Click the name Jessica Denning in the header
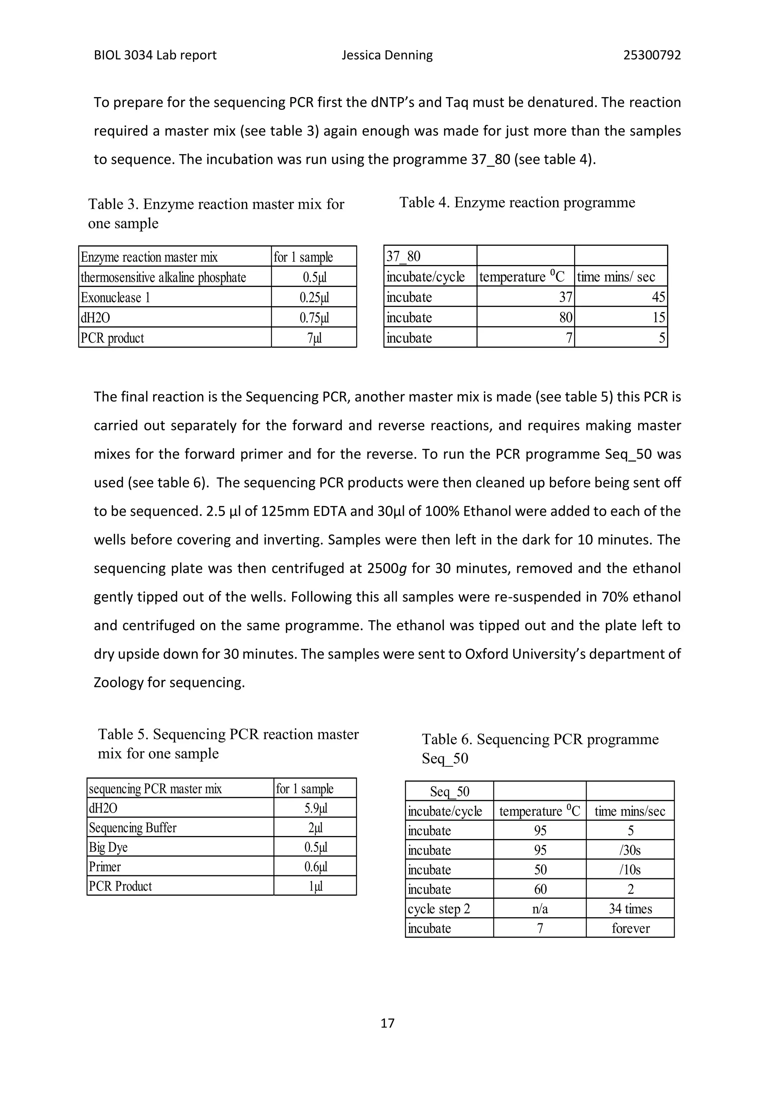(387, 55)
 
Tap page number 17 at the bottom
(387, 1023)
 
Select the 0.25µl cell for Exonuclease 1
(314, 298)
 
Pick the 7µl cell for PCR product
(314, 338)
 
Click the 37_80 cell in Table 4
(403, 257)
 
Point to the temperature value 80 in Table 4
(565, 318)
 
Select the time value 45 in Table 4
(658, 297)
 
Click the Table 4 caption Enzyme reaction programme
(517, 202)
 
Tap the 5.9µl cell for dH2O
(316, 808)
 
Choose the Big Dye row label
(108, 847)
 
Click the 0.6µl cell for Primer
(316, 867)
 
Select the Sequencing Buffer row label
(133, 827)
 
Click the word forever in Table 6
(630, 928)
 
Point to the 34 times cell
(630, 909)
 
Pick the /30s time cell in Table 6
(630, 850)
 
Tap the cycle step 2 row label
(439, 909)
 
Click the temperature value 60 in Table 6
(540, 889)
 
